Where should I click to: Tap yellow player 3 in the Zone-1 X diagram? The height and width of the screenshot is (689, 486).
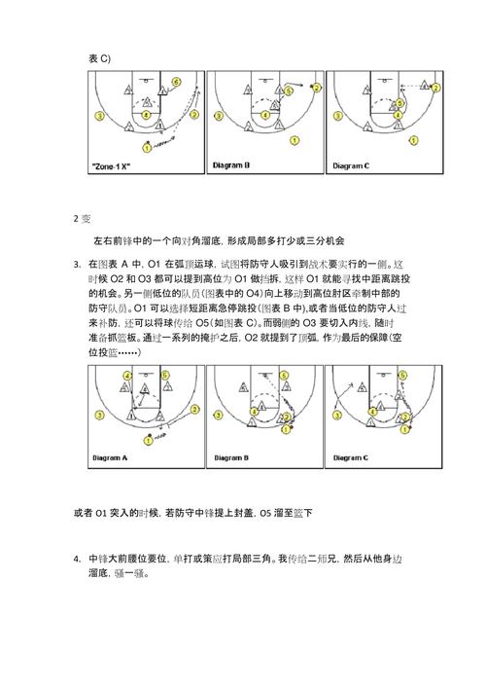[x=100, y=115]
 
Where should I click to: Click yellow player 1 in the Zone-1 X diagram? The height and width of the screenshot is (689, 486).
[x=146, y=148]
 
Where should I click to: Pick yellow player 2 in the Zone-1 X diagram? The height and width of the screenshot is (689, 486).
[x=194, y=113]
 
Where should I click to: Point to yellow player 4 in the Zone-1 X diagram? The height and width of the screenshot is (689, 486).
[x=146, y=114]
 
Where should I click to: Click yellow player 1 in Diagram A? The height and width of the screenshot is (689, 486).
[x=147, y=440]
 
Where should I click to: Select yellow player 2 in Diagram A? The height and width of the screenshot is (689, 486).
[x=192, y=413]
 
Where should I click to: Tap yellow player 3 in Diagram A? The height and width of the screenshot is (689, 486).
[x=100, y=414]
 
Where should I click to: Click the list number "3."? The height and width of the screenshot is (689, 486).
[x=77, y=265]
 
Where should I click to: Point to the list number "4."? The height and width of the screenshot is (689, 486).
[x=77, y=558]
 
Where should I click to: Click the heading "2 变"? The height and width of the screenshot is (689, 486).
[x=82, y=217]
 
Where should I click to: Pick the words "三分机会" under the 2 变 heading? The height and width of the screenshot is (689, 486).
[x=327, y=239]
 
